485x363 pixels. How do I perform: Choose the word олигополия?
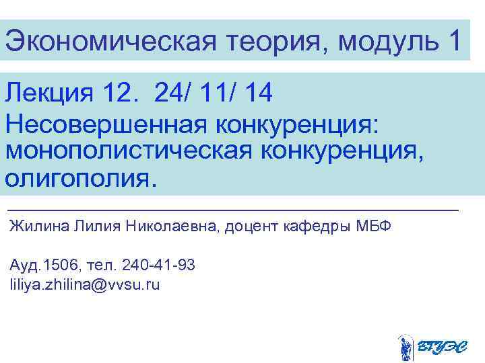80,179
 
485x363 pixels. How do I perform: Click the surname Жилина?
33,227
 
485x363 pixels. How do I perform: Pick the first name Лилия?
86,227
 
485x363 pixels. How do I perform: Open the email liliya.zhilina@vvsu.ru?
85,285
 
